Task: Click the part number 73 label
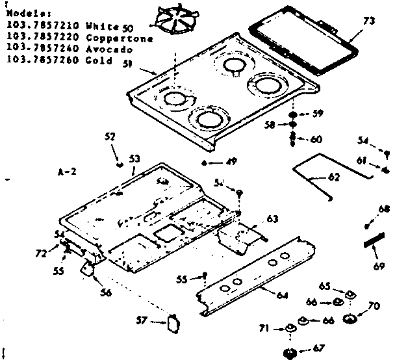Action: coord(368,22)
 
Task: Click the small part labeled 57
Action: coord(173,323)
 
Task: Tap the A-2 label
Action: coord(67,173)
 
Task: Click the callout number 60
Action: coord(316,138)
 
